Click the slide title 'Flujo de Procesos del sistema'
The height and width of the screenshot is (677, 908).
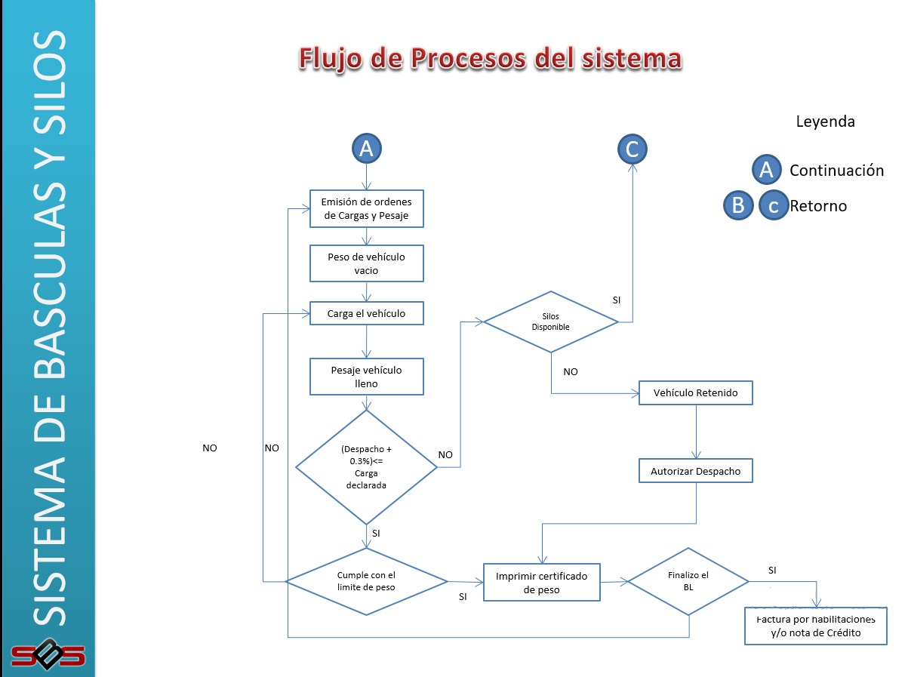(x=490, y=59)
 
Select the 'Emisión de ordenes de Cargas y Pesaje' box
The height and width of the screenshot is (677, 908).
(x=367, y=208)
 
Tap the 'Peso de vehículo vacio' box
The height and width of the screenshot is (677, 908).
(x=367, y=263)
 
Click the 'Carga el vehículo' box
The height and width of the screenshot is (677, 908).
(x=367, y=313)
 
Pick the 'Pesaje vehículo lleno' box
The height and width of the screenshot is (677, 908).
(x=367, y=377)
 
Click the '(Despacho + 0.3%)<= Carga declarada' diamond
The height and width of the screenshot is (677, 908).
(x=366, y=467)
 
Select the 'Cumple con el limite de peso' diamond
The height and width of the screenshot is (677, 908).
(x=366, y=581)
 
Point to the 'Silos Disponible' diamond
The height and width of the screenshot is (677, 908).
(x=551, y=322)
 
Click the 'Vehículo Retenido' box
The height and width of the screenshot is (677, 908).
(x=695, y=393)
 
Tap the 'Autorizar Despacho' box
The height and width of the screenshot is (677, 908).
(x=695, y=471)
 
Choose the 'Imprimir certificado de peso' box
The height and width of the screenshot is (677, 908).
(x=541, y=582)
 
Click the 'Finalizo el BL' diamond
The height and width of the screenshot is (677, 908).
(x=688, y=580)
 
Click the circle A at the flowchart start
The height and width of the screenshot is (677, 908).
(x=367, y=149)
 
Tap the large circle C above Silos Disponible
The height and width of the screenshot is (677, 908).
(x=632, y=149)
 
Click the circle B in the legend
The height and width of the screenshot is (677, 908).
(x=738, y=205)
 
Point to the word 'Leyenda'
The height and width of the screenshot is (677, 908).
(x=825, y=122)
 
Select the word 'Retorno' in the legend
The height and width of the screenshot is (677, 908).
(x=818, y=206)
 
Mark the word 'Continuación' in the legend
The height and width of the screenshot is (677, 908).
(x=836, y=171)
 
